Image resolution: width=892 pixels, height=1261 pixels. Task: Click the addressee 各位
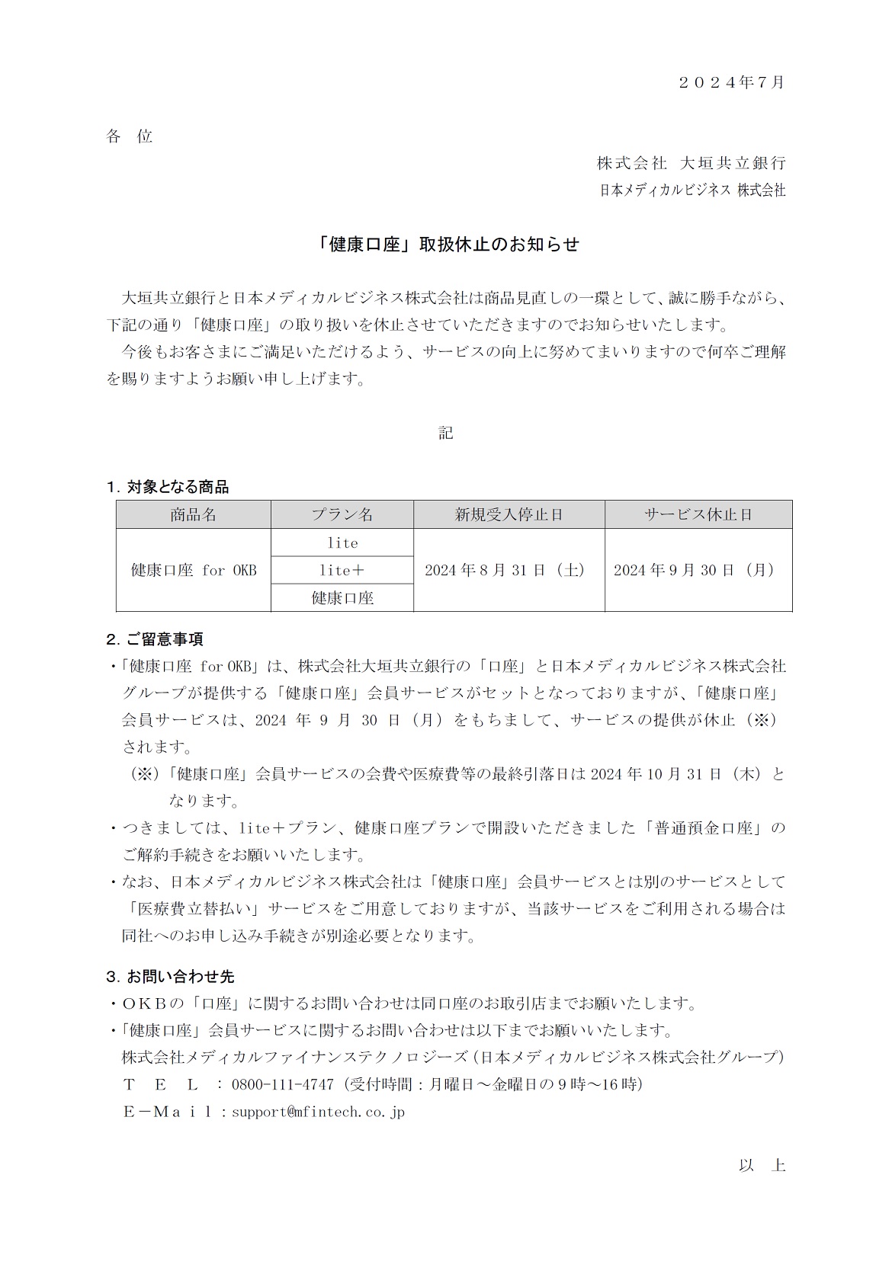tap(130, 136)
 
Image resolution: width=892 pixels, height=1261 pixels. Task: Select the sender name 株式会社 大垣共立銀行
tap(691, 163)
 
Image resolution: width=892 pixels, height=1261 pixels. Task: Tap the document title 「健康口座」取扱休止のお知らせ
tap(446, 245)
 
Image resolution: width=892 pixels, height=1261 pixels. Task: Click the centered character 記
tap(446, 433)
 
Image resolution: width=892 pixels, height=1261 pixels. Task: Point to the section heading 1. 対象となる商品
tap(168, 487)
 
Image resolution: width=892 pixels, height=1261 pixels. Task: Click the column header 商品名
tap(194, 515)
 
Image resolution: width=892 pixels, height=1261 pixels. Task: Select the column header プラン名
tap(342, 515)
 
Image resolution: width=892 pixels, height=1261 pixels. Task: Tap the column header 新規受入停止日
tap(509, 515)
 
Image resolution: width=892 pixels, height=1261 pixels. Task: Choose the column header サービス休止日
tap(698, 515)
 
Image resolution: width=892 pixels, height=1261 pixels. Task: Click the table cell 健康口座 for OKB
tap(194, 570)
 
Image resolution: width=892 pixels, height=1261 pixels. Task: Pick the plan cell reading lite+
tap(342, 570)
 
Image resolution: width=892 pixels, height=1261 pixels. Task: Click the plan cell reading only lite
tap(342, 542)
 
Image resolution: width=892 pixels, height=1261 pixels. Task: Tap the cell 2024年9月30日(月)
tap(694, 570)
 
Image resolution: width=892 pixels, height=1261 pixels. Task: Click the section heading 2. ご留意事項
tap(155, 639)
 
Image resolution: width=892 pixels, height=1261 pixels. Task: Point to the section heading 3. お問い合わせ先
tap(170, 976)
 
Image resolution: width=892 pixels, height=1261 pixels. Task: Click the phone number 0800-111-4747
tap(282, 1084)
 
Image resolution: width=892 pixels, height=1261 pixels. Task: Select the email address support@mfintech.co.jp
tap(318, 1112)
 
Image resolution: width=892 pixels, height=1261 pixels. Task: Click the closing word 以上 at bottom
tap(761, 1166)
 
